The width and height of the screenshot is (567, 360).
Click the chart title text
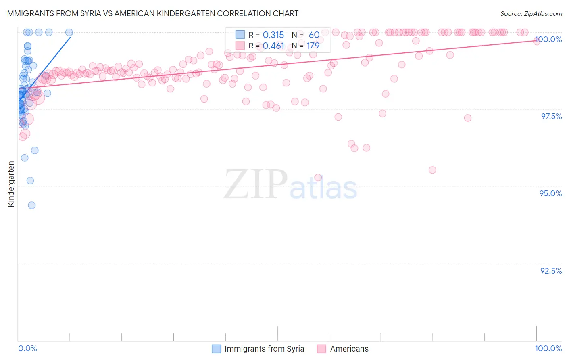[152, 13]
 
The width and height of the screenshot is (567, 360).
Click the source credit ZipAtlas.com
[531, 14]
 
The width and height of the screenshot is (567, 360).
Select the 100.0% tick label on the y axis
[548, 39]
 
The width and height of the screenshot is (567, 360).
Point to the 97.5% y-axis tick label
[551, 116]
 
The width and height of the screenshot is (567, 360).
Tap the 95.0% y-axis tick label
[550, 193]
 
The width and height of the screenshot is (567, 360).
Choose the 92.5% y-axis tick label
[551, 271]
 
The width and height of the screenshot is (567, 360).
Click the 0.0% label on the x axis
[27, 348]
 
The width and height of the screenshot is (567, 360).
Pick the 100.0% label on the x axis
[548, 348]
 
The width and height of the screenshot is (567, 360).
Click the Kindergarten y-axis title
[11, 184]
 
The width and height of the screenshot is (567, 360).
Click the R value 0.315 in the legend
[273, 35]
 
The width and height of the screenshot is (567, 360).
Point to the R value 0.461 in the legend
[273, 46]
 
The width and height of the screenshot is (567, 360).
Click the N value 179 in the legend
[313, 46]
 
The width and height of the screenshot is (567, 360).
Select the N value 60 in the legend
[314, 35]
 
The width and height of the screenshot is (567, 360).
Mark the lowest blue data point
[31, 205]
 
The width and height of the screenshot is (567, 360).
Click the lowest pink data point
[318, 178]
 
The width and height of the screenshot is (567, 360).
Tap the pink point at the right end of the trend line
[537, 41]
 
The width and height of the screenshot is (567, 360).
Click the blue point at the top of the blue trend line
[69, 32]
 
